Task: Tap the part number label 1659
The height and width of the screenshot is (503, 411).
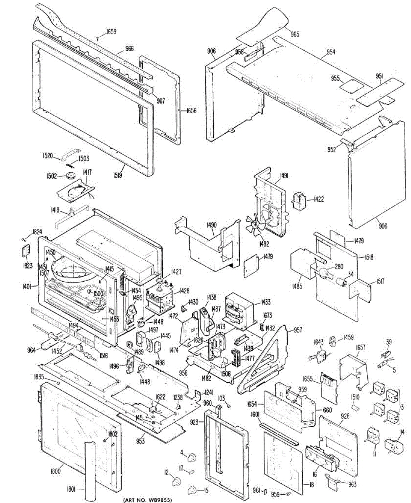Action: pyautogui.click(x=111, y=31)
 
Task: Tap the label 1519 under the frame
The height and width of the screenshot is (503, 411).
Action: pyautogui.click(x=117, y=176)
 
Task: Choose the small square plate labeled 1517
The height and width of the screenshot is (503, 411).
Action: pyautogui.click(x=361, y=289)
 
